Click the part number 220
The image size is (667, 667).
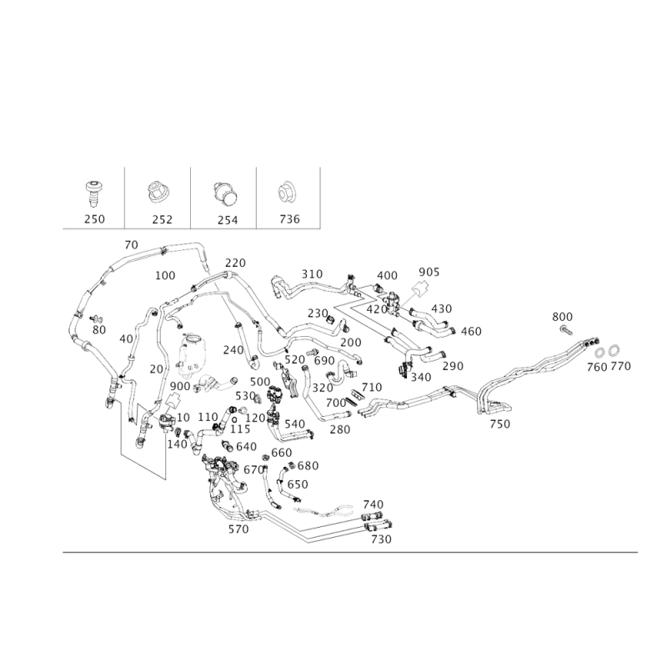tap(235, 263)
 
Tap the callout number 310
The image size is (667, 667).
tap(312, 273)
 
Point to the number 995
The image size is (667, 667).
tap(429, 272)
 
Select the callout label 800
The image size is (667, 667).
tap(564, 316)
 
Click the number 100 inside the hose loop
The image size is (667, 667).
tap(166, 275)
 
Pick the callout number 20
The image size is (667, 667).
tap(130, 244)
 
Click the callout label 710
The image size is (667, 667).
tap(500, 424)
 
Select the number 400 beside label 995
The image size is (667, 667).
tap(387, 276)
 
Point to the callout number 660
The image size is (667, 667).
tap(283, 452)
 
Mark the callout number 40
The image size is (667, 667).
tap(126, 339)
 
